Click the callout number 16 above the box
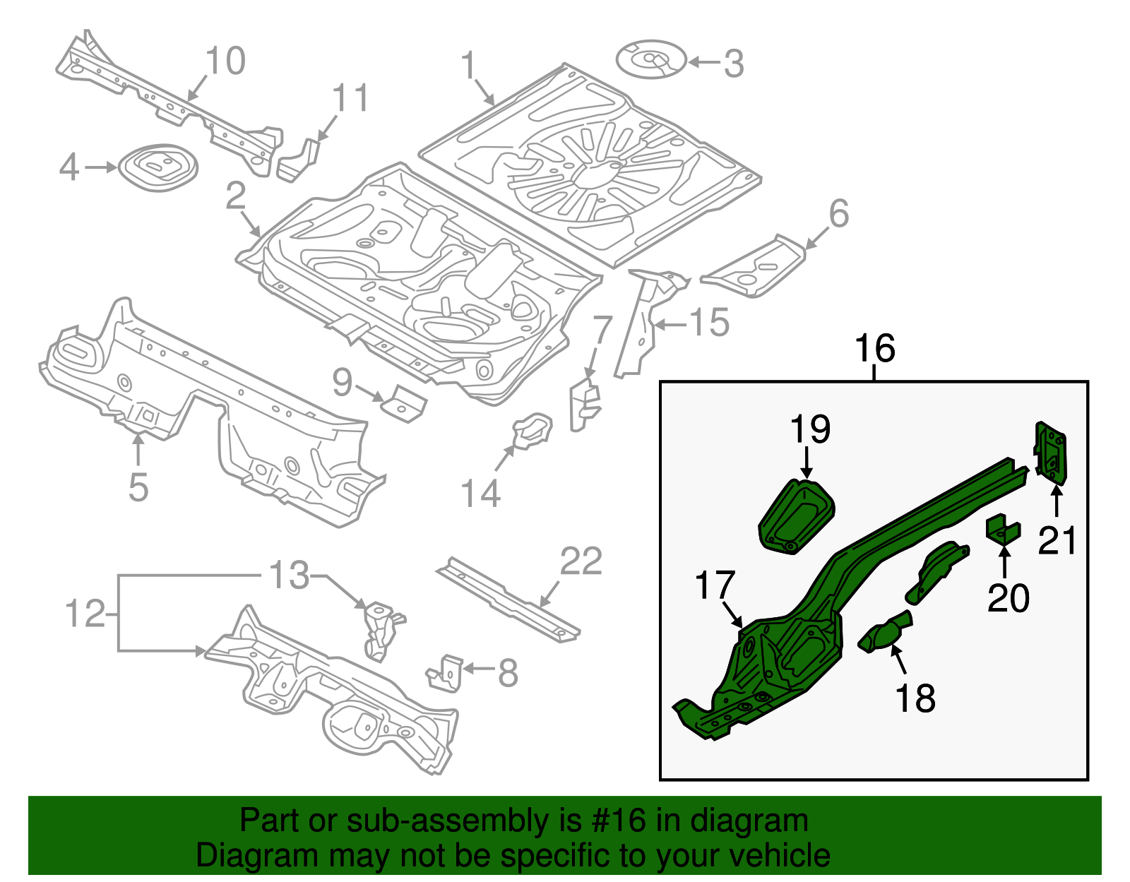874,349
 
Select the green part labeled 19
797,516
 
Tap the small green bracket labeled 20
1003,531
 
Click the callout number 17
715,585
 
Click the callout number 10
225,61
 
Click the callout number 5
138,487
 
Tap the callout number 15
709,323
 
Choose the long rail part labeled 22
509,600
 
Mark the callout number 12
85,614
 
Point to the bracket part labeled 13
379,628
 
